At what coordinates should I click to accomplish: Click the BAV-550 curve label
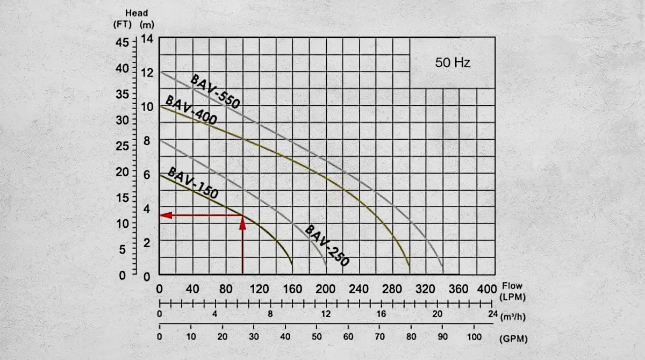click(214, 91)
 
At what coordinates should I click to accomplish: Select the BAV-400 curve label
click(191, 110)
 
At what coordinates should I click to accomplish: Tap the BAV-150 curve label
click(193, 183)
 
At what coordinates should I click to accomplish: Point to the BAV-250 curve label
click(327, 246)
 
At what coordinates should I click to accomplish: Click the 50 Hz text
click(453, 63)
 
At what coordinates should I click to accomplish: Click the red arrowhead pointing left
click(166, 215)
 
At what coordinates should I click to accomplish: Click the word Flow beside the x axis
click(512, 286)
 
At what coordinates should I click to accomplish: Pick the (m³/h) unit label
click(513, 317)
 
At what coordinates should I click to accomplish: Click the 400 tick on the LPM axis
click(487, 289)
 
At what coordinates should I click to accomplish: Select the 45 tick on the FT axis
click(124, 42)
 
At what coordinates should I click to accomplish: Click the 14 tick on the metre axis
click(147, 39)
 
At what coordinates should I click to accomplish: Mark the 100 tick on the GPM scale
click(474, 337)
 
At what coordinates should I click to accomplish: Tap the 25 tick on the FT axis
click(124, 146)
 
